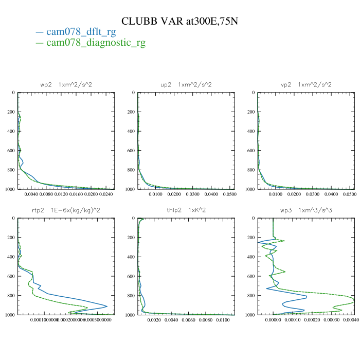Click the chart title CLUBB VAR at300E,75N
click(179, 21)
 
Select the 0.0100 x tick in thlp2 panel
click(223, 320)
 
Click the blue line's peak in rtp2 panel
click(107, 307)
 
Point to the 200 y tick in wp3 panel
click(250, 238)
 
